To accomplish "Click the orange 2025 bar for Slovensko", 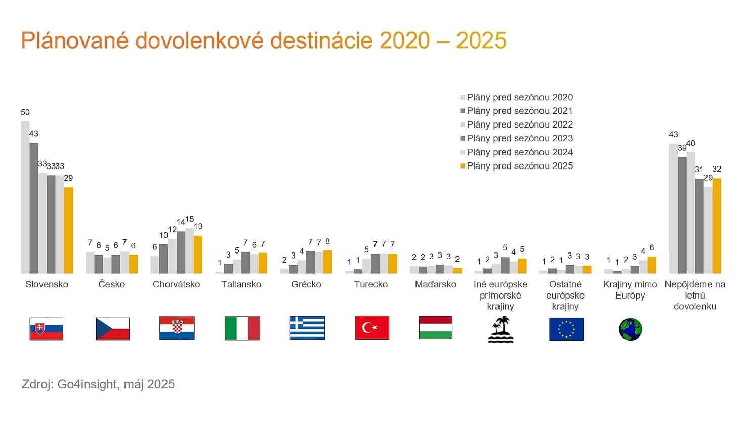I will tap(68, 230).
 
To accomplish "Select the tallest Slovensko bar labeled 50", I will tap(25, 197).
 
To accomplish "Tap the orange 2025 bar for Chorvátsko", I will tap(198, 255).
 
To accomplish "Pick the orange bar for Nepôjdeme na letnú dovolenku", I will tap(717, 226).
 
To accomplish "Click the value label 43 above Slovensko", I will tap(34, 134).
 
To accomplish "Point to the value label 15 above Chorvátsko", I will tap(189, 219).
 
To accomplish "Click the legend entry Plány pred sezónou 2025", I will tap(519, 166).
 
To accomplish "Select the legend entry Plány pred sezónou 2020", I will tap(519, 97).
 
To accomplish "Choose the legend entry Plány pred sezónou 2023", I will tap(519, 138).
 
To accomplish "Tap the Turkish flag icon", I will tap(372, 327).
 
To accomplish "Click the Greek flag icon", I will tap(307, 327).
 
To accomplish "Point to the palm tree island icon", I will tap(501, 329).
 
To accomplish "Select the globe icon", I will tap(630, 329).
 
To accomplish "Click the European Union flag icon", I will tap(566, 329).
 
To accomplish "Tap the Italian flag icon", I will tap(242, 328).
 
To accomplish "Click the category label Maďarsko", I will tap(435, 284).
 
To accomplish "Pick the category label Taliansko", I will tap(241, 284).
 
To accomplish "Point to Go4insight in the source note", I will tap(87, 384).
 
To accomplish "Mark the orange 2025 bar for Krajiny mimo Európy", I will tap(652, 265).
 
